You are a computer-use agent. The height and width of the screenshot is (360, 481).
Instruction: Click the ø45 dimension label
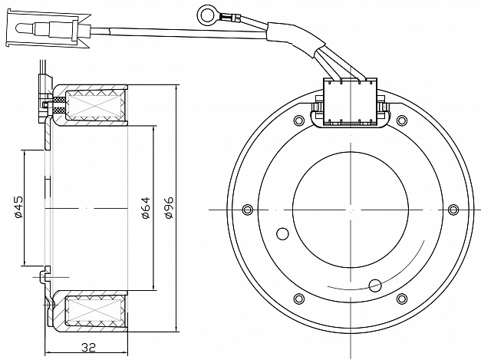tap(18, 208)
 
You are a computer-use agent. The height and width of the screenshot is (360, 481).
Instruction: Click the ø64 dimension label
tap(147, 208)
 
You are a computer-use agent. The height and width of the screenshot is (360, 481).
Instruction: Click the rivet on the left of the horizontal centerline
tap(246, 210)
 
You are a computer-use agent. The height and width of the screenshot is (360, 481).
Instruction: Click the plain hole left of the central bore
tap(282, 233)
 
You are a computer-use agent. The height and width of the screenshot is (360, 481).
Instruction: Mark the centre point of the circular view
tap(350, 210)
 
